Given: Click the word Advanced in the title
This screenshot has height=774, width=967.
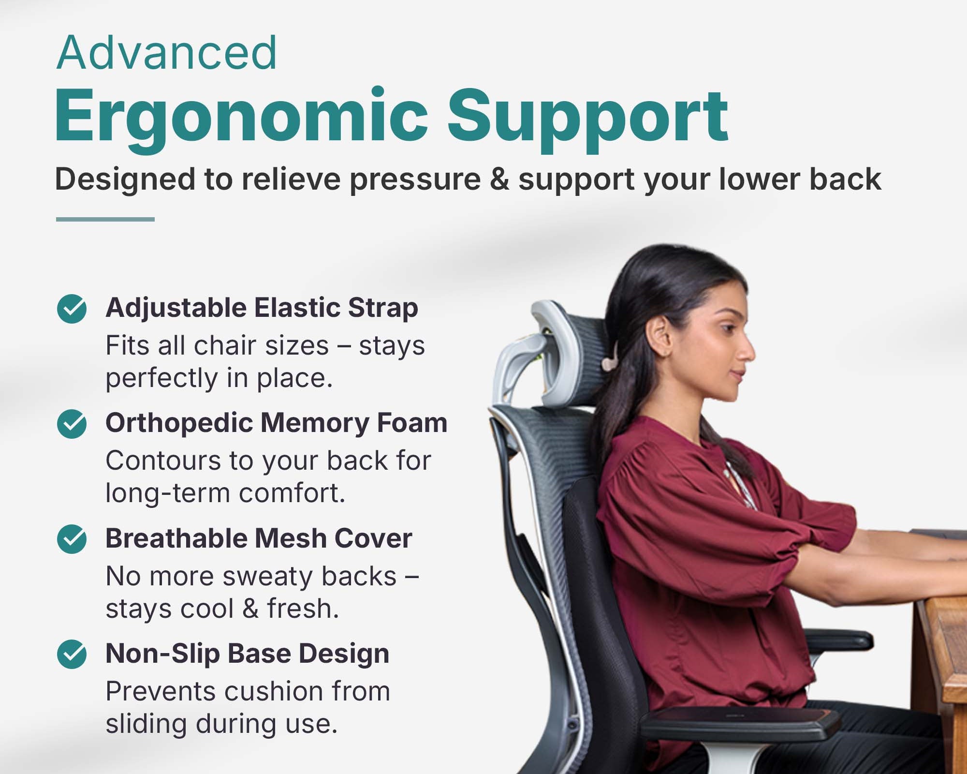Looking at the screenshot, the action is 167,53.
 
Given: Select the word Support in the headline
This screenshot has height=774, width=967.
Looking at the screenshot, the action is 587,121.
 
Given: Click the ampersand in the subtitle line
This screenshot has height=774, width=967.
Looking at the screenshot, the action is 499,179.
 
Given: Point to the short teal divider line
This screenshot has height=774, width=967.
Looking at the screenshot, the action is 105,219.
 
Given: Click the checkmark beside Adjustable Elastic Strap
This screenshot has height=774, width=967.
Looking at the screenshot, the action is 72,309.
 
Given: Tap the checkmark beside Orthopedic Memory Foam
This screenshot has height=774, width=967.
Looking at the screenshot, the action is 72,424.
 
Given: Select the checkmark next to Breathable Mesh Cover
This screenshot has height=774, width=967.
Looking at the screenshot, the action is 72,539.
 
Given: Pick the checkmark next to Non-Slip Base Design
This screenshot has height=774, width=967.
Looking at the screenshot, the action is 72,654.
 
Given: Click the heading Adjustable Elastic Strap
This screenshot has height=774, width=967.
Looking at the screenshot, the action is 262,308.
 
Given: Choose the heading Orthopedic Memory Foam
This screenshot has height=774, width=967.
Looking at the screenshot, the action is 277,423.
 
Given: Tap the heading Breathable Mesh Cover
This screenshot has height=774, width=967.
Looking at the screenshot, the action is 259,538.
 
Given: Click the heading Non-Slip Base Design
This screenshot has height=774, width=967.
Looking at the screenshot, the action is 248,654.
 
